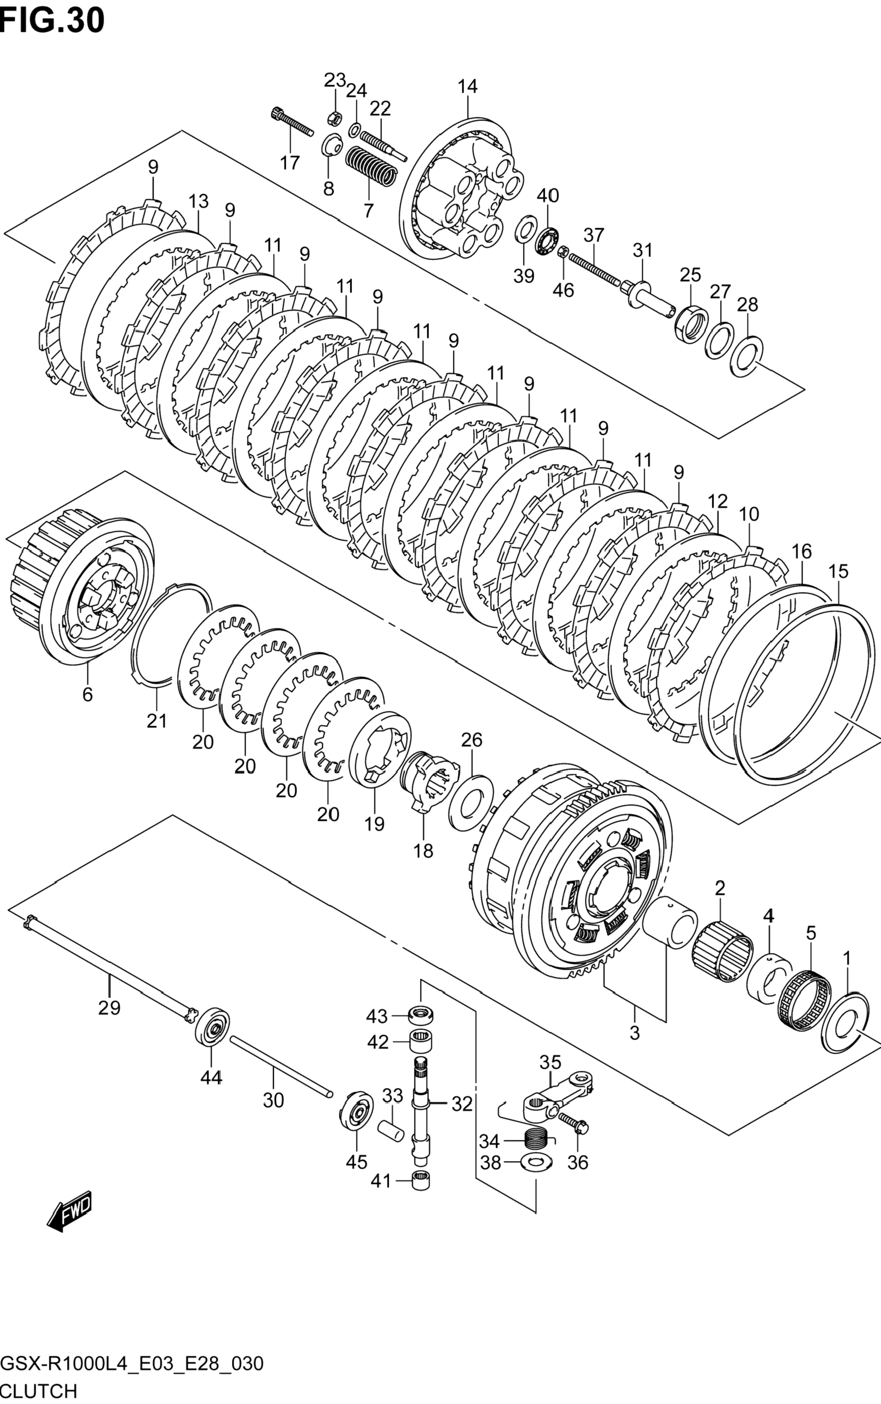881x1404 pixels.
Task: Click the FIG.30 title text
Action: [x=53, y=21]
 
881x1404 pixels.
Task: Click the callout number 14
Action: [x=467, y=86]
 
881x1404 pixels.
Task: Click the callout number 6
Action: [x=88, y=695]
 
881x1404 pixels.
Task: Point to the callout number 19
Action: [x=374, y=823]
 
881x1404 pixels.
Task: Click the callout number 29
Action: [x=109, y=1007]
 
